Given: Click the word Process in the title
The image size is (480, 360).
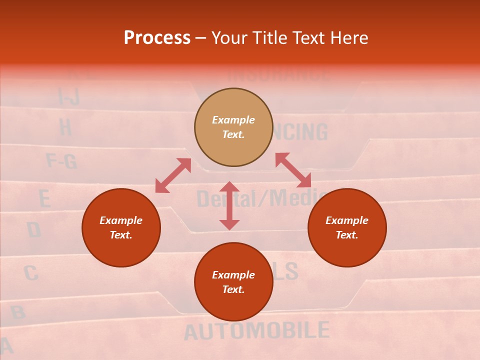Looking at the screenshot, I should pyautogui.click(x=157, y=38).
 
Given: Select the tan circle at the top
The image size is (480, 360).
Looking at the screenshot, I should pyautogui.click(x=233, y=127).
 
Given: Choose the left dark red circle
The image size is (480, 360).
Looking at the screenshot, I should pyautogui.click(x=121, y=228).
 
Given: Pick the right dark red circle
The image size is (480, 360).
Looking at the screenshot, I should pyautogui.click(x=347, y=228).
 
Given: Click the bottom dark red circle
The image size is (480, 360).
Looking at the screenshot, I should pyautogui.click(x=233, y=282).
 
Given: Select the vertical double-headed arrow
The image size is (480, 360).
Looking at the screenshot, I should pyautogui.click(x=229, y=205).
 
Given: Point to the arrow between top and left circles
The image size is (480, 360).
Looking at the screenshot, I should pyautogui.click(x=173, y=175).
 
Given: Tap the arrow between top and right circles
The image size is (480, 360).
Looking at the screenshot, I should pyautogui.click(x=293, y=170).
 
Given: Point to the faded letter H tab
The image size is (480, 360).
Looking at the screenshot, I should pyautogui.click(x=65, y=127).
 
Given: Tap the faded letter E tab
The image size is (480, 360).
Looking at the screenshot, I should pyautogui.click(x=44, y=199).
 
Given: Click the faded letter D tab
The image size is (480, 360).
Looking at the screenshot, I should pyautogui.click(x=33, y=230).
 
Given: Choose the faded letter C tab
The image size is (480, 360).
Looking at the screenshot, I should pyautogui.click(x=30, y=273).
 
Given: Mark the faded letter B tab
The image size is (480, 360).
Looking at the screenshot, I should pyautogui.click(x=17, y=312).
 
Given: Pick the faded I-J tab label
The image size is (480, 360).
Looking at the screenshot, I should pyautogui.click(x=69, y=96).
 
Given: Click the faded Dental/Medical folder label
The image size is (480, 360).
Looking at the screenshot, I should pyautogui.click(x=260, y=198).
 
